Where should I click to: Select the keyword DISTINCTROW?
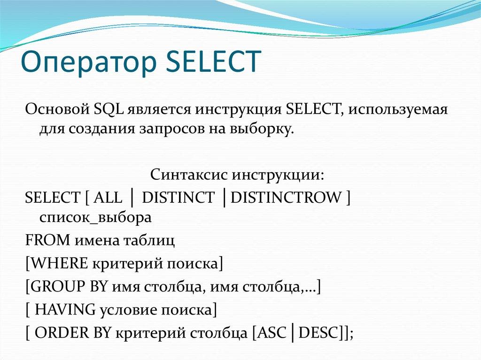[287, 198]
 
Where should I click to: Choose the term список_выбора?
[96, 218]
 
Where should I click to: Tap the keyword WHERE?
[59, 264]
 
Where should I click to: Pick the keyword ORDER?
[58, 332]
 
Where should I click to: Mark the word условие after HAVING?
[123, 309]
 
